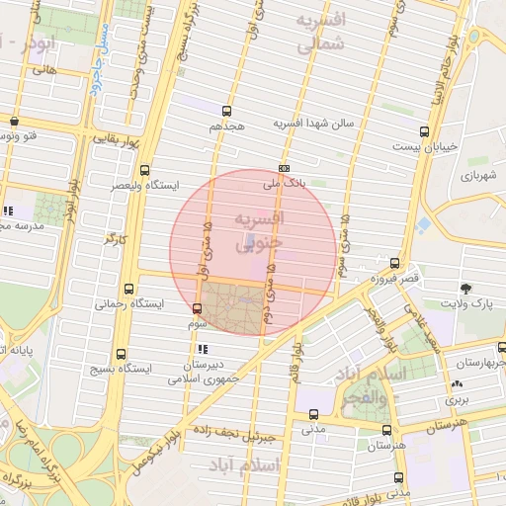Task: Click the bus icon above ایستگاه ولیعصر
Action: tap(145, 169)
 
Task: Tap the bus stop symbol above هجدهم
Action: tap(227, 111)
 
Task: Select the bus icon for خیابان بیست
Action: tap(425, 130)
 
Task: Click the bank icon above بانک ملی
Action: tap(285, 168)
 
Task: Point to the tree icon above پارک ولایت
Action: tap(464, 288)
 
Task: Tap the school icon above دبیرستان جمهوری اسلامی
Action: tap(203, 349)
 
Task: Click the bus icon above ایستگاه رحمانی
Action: tap(121, 290)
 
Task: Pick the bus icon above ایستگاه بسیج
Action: tap(121, 353)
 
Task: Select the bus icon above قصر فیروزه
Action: tap(394, 263)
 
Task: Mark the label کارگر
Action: tap(116, 238)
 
